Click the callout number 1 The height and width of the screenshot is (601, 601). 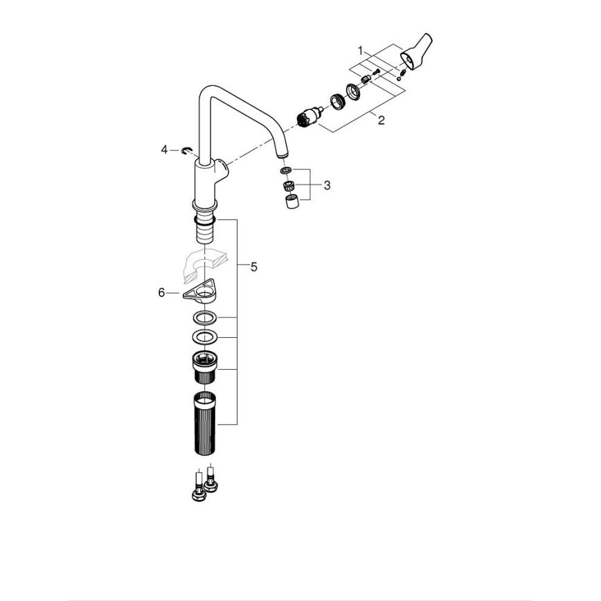(361, 50)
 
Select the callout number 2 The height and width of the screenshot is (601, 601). (380, 120)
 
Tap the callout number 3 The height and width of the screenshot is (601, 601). (327, 185)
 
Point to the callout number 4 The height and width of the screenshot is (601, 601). (165, 149)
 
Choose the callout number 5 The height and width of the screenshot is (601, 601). (253, 267)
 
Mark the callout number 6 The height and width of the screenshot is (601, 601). (162, 293)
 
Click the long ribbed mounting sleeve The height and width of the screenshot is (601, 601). (206, 423)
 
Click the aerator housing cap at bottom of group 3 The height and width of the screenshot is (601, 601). (291, 201)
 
